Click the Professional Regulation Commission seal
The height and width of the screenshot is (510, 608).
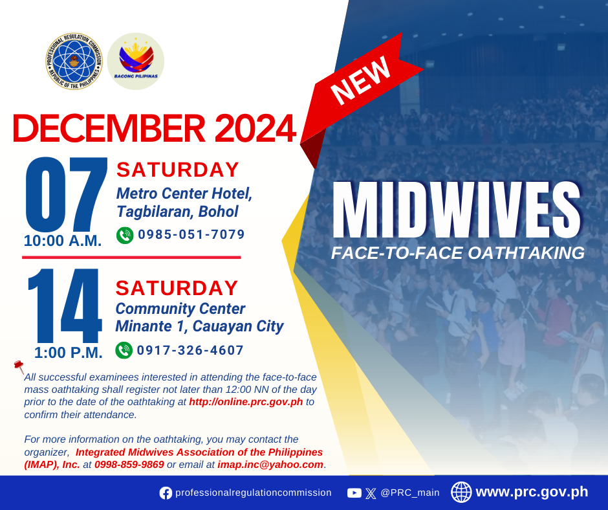(x=74, y=61)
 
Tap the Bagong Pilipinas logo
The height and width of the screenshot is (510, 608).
(x=136, y=61)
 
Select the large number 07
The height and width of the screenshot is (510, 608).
(x=67, y=194)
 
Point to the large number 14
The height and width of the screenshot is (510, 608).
(x=65, y=305)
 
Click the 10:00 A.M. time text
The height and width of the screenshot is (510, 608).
(x=63, y=241)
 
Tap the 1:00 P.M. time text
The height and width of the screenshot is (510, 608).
(x=69, y=353)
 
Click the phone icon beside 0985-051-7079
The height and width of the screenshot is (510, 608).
(x=125, y=235)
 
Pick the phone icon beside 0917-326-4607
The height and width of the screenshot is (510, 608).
(x=124, y=350)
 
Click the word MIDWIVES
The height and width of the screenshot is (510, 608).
(x=457, y=210)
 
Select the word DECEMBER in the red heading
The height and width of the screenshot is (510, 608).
(x=109, y=128)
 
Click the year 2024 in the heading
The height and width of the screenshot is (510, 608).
(x=255, y=128)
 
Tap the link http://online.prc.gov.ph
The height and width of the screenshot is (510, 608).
(x=246, y=402)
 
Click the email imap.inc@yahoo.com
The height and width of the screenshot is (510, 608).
(x=270, y=465)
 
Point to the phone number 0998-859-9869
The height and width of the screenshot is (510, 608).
(x=129, y=465)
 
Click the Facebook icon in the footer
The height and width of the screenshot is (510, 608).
(x=166, y=493)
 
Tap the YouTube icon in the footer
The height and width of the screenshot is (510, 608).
(x=354, y=493)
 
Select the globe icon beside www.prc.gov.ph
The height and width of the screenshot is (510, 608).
(x=461, y=492)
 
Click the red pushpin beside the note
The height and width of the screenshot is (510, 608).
(x=19, y=366)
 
